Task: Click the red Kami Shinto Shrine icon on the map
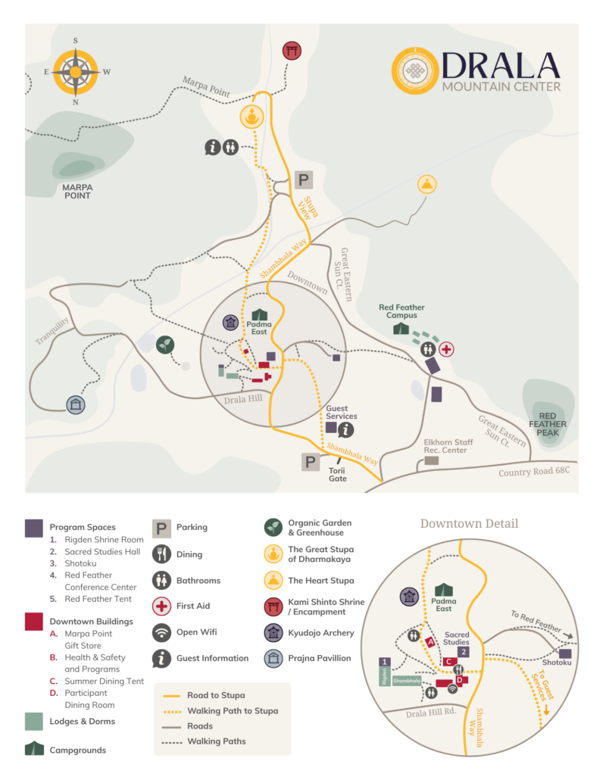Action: click(292, 51)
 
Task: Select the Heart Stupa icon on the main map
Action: click(428, 184)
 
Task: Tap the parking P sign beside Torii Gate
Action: click(311, 462)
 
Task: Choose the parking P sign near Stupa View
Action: click(303, 180)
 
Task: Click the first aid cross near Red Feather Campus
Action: click(447, 349)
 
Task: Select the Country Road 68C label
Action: click(535, 473)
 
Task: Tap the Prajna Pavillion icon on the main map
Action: click(74, 404)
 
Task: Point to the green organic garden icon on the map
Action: click(164, 345)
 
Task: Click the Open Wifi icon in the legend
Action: click(161, 632)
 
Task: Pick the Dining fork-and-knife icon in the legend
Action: click(161, 554)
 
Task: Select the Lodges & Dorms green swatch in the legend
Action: click(33, 722)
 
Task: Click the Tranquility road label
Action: click(52, 331)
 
